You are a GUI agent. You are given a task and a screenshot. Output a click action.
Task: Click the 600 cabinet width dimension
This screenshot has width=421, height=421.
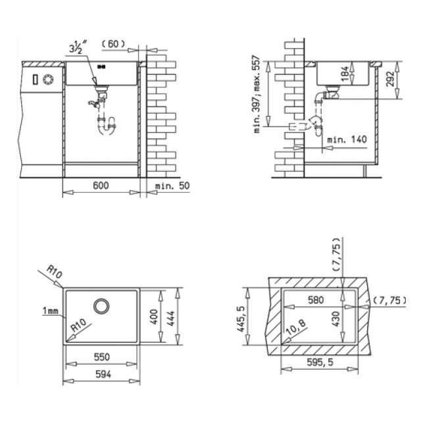tap(101, 186)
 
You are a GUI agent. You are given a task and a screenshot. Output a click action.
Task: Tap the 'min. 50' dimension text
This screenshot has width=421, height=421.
tap(172, 186)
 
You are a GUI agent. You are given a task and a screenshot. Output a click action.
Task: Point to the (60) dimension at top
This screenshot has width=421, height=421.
tap(113, 44)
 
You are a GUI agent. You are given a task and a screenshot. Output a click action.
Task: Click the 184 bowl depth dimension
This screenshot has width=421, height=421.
tap(345, 73)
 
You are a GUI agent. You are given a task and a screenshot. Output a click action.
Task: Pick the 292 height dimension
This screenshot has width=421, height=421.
tap(390, 79)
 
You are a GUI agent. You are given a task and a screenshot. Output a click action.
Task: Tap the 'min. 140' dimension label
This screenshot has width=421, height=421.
tap(347, 139)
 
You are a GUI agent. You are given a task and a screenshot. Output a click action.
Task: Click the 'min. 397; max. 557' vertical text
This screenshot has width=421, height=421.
tap(257, 94)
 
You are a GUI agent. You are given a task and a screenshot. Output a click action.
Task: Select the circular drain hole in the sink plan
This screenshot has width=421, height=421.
tap(101, 306)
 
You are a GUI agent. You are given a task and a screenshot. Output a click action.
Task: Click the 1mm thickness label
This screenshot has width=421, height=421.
tap(50, 310)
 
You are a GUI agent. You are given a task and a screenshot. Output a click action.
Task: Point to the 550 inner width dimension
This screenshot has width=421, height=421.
tap(102, 357)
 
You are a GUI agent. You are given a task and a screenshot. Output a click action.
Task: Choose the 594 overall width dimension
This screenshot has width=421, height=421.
tap(103, 374)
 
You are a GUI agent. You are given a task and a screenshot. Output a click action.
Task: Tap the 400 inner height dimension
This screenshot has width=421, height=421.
tap(154, 316)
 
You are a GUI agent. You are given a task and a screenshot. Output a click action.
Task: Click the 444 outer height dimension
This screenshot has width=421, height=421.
tap(171, 318)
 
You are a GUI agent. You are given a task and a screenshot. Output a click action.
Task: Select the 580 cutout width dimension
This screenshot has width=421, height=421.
tap(316, 300)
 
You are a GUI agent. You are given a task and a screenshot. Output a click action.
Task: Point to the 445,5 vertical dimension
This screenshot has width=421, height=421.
tap(241, 318)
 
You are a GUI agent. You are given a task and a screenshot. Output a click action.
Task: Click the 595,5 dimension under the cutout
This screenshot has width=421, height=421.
tap(320, 362)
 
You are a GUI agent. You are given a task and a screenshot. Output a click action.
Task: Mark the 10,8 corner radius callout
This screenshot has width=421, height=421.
tap(295, 327)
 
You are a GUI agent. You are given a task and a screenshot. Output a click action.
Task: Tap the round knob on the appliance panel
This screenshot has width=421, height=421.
tap(48, 79)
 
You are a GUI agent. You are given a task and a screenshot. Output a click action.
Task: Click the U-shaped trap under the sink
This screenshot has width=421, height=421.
tap(107, 126)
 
